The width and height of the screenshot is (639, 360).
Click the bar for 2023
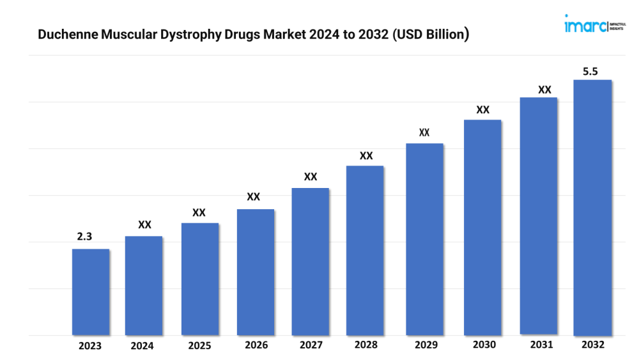click(90, 292)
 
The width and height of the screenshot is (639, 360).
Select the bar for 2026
click(255, 272)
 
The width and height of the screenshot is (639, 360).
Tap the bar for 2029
click(424, 239)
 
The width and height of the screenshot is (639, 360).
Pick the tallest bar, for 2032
click(592, 207)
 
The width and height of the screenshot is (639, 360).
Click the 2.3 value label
click(84, 237)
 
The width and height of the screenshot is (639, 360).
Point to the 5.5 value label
click(590, 72)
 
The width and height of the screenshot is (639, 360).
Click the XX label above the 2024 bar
click(145, 225)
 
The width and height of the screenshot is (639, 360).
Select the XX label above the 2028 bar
click(366, 155)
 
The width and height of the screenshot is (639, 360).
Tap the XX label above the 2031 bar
click(544, 90)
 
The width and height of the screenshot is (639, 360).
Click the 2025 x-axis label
click(199, 346)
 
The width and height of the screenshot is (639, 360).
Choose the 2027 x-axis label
click(311, 345)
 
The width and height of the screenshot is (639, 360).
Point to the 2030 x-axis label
click(484, 345)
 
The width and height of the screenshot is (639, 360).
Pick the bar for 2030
click(482, 227)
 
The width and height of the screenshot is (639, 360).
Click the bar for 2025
click(199, 279)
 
